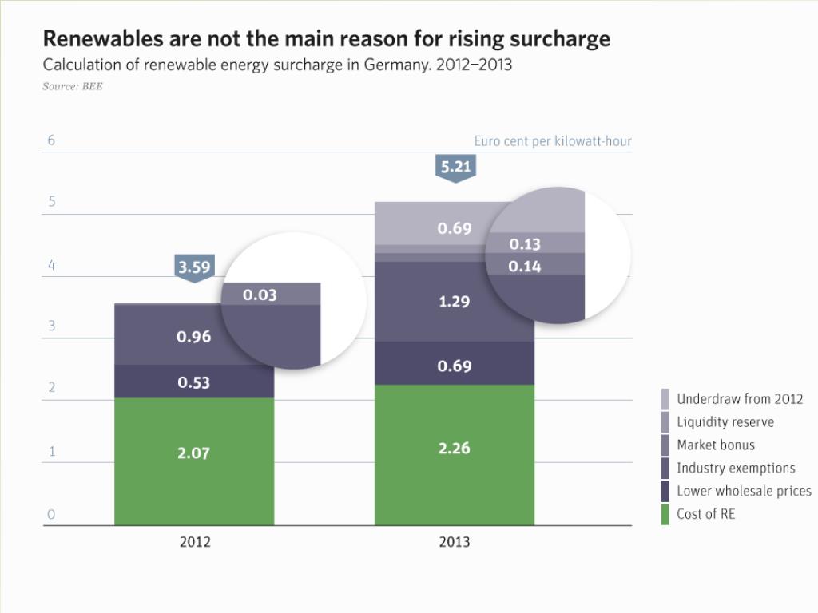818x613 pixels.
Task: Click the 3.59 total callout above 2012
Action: pos(194,267)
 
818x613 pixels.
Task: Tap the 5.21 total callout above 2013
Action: pos(455,167)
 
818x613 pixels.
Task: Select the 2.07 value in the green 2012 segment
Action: pos(193,453)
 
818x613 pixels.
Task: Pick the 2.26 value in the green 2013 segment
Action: pos(454,448)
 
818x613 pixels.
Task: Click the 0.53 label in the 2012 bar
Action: pos(193,382)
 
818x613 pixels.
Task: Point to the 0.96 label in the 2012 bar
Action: pos(193,336)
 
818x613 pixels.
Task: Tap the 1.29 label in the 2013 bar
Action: pos(454,302)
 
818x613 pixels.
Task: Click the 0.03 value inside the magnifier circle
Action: pos(260,295)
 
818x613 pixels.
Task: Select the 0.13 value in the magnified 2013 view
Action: pos(525,244)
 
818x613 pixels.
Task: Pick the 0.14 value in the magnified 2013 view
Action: pos(525,266)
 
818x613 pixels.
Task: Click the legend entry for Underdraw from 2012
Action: pos(740,398)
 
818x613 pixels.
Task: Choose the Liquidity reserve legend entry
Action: pos(725,421)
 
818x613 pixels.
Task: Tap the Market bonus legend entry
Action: pos(715,445)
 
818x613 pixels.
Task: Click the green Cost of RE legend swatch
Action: pos(665,514)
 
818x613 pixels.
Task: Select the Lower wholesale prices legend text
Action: pos(744,491)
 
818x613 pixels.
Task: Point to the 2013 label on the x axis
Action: pos(455,541)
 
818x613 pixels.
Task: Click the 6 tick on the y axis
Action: pos(51,140)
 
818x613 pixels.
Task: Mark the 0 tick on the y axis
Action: pos(51,515)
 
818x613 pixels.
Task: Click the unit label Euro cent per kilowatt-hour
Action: pos(553,141)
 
